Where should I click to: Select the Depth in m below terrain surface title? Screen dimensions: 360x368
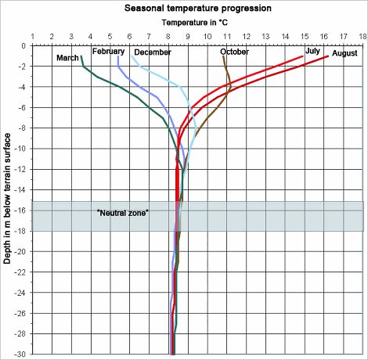[8, 200]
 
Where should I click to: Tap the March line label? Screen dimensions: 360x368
[67, 58]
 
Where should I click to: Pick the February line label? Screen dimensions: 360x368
[108, 51]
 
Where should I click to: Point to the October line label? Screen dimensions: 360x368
[234, 52]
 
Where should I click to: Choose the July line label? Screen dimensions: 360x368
[312, 50]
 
